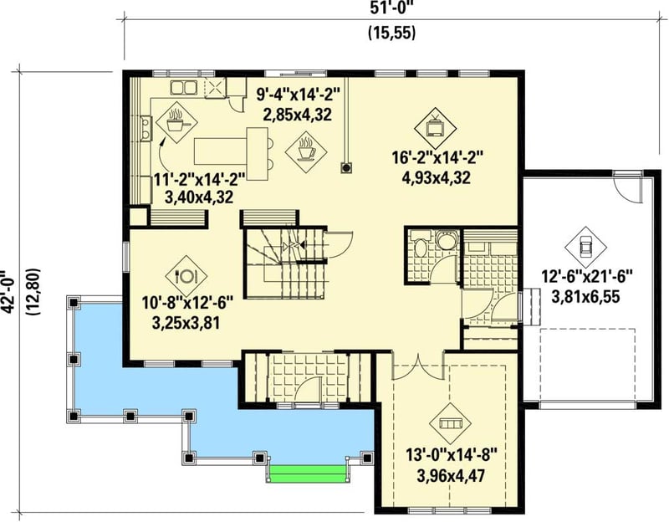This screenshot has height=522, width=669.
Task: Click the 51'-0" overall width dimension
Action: coord(392,9)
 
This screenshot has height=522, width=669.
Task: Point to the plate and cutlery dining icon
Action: coord(186,274)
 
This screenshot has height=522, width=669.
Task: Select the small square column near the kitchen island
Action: coord(344,167)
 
